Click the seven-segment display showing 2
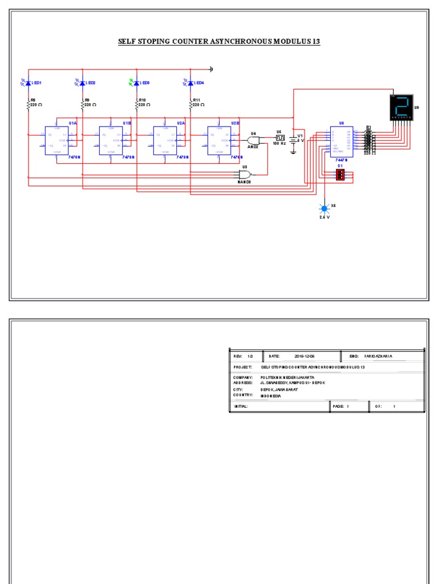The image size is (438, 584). tap(401, 107)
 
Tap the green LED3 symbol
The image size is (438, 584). tap(136, 83)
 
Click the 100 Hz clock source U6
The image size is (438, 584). tap(279, 137)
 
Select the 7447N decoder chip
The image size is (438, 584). tap(341, 141)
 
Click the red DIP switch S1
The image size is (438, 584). tap(340, 175)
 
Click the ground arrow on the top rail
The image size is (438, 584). tap(211, 69)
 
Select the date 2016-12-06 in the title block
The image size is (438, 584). tap(305, 356)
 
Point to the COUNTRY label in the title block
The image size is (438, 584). tap(243, 395)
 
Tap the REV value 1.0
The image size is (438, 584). tap(250, 356)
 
